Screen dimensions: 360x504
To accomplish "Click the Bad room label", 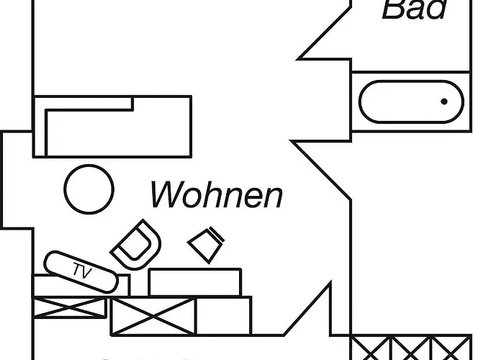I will point(414,9).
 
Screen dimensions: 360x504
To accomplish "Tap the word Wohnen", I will point(217,194).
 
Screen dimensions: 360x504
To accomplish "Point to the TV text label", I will point(82,271).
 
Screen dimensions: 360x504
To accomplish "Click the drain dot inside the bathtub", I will point(444,102).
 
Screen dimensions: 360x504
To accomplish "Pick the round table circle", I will point(89,189).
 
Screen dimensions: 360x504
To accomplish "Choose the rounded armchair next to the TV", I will point(136,243).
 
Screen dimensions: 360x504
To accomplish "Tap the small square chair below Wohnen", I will point(207,243).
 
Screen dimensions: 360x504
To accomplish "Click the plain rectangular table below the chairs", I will point(194,282).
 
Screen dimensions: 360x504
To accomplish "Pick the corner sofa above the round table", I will point(115,126).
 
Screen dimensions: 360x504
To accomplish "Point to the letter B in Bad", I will point(393,9).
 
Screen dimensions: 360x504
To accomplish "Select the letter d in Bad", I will point(436,9).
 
